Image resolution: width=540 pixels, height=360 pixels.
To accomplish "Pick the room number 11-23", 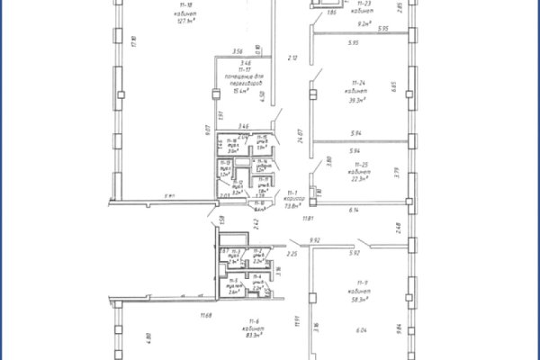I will pyautogui.click(x=364, y=6).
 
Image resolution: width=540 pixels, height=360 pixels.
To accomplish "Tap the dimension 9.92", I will pyautogui.click(x=315, y=240).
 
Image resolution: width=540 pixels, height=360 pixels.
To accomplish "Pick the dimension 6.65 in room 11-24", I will pyautogui.click(x=393, y=86).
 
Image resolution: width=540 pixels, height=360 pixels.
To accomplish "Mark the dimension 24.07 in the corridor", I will pyautogui.click(x=301, y=138).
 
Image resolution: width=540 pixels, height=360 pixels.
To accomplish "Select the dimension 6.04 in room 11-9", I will pyautogui.click(x=361, y=330).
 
